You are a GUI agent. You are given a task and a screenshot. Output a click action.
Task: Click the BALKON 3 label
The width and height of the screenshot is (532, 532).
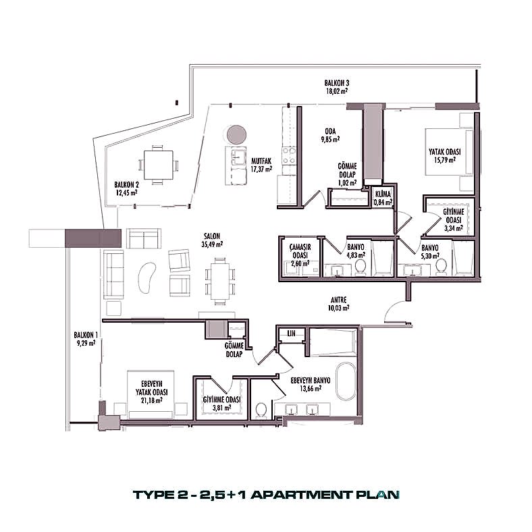pyautogui.click(x=336, y=82)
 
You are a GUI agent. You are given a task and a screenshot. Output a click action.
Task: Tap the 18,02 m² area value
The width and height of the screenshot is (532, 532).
pyautogui.click(x=336, y=90)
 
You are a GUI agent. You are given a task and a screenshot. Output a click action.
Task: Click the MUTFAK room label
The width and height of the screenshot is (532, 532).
pyautogui.click(x=261, y=161)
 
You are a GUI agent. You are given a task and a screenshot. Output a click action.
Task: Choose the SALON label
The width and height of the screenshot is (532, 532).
pyautogui.click(x=213, y=236)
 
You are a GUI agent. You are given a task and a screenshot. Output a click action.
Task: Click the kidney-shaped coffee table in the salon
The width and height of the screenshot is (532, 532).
pyautogui.click(x=147, y=276)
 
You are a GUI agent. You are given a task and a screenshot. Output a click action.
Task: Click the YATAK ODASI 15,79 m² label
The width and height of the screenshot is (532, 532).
pyautogui.click(x=442, y=156)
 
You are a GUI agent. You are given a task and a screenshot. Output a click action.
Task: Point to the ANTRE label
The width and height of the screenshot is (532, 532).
pyautogui.click(x=339, y=300)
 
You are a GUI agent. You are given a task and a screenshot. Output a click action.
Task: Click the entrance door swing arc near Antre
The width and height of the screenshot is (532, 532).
pyautogui.click(x=395, y=313)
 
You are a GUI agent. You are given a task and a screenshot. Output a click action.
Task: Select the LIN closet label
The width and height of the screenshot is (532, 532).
pyautogui.click(x=292, y=334)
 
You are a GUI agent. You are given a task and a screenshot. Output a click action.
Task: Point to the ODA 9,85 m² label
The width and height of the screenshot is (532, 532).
pyautogui.click(x=330, y=135)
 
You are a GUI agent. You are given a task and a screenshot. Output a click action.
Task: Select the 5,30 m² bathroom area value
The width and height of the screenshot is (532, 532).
pyautogui.click(x=430, y=256)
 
